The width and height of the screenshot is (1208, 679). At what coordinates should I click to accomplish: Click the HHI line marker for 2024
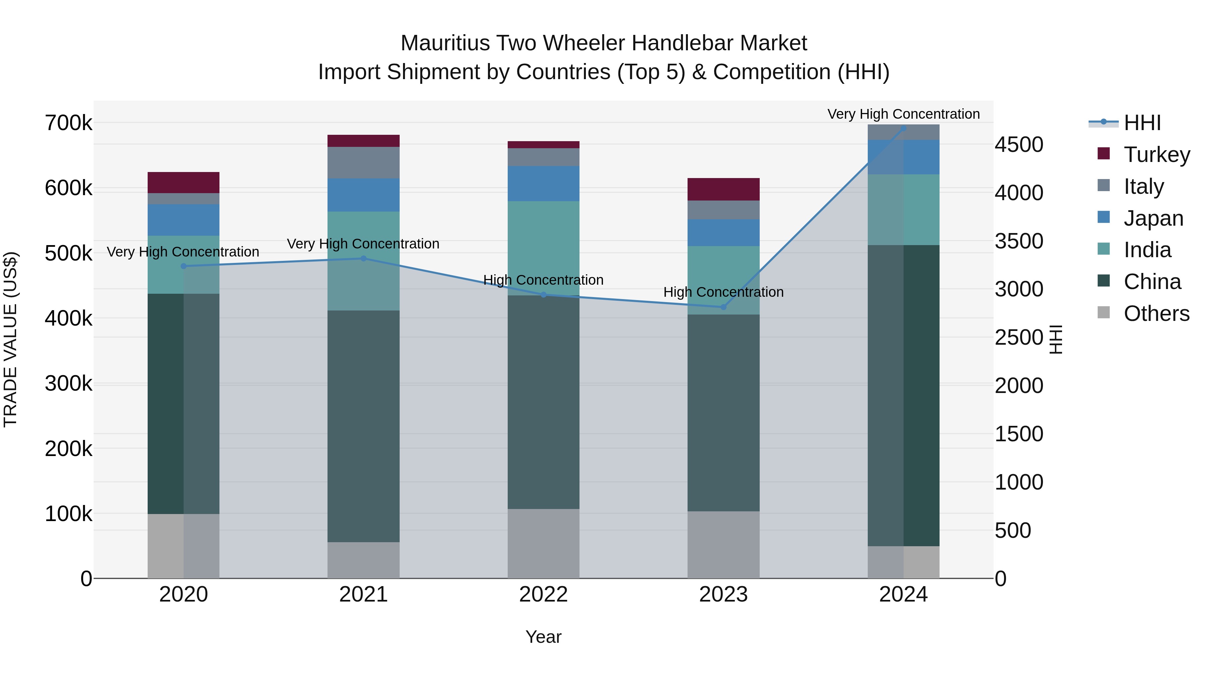[x=903, y=128]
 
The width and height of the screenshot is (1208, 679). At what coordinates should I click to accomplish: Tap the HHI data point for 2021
[x=363, y=258]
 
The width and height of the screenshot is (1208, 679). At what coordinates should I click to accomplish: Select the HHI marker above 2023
[x=723, y=307]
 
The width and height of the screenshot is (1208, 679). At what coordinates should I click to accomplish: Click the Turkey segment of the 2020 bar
[x=183, y=182]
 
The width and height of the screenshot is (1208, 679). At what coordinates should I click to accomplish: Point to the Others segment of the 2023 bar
[x=723, y=544]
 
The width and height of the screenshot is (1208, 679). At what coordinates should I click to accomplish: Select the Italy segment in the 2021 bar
[x=363, y=162]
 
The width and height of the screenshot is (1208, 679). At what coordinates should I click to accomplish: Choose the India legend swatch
[x=1104, y=249]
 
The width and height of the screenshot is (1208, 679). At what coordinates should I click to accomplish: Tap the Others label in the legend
[x=1156, y=314]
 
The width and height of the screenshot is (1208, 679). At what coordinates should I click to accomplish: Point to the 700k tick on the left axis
[x=68, y=123]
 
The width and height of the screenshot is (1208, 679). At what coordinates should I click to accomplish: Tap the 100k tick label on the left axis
[x=68, y=514]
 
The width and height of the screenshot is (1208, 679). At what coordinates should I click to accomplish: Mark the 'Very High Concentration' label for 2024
[x=903, y=114]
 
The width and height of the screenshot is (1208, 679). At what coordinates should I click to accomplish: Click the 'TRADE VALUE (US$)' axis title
[x=10, y=339]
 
